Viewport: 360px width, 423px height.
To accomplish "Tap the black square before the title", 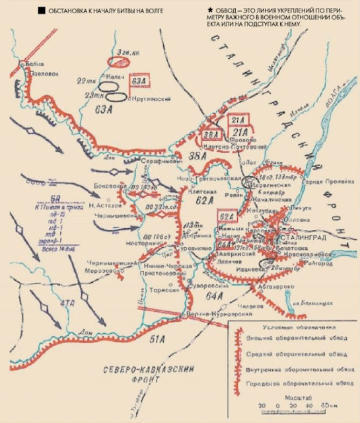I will pos(42,11).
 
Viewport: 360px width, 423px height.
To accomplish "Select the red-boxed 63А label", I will pos(139,81).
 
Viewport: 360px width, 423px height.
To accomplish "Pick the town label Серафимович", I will pos(157,162).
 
